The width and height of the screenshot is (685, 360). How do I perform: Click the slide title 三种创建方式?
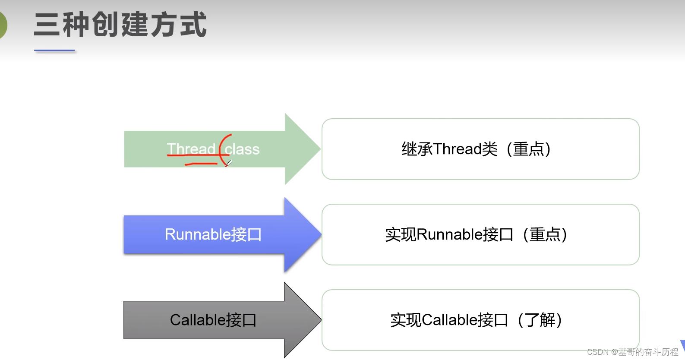tap(120, 25)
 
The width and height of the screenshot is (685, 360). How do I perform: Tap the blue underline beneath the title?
tap(54, 51)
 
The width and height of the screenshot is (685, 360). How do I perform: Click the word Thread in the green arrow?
tap(191, 149)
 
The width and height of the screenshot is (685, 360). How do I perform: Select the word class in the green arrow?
tap(242, 149)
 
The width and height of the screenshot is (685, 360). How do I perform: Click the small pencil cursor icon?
tap(228, 163)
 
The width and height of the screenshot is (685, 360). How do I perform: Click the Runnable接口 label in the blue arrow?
tap(213, 234)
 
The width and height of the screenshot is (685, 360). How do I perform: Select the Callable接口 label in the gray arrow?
tap(213, 320)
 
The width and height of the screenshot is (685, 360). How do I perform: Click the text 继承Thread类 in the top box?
tap(449, 149)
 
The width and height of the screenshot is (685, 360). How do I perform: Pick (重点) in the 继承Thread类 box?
tap(528, 149)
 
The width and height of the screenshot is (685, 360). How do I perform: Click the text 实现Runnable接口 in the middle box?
tap(449, 234)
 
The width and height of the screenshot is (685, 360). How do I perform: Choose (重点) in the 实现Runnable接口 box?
tap(545, 234)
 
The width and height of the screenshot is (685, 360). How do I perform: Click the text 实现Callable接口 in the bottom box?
tap(449, 320)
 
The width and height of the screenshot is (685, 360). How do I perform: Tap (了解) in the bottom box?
tap(540, 320)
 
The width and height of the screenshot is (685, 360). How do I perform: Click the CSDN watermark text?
tap(632, 352)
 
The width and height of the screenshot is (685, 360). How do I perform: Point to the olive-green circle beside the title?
tap(2, 25)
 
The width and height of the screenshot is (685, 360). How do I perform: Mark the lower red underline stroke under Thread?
tap(201, 164)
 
